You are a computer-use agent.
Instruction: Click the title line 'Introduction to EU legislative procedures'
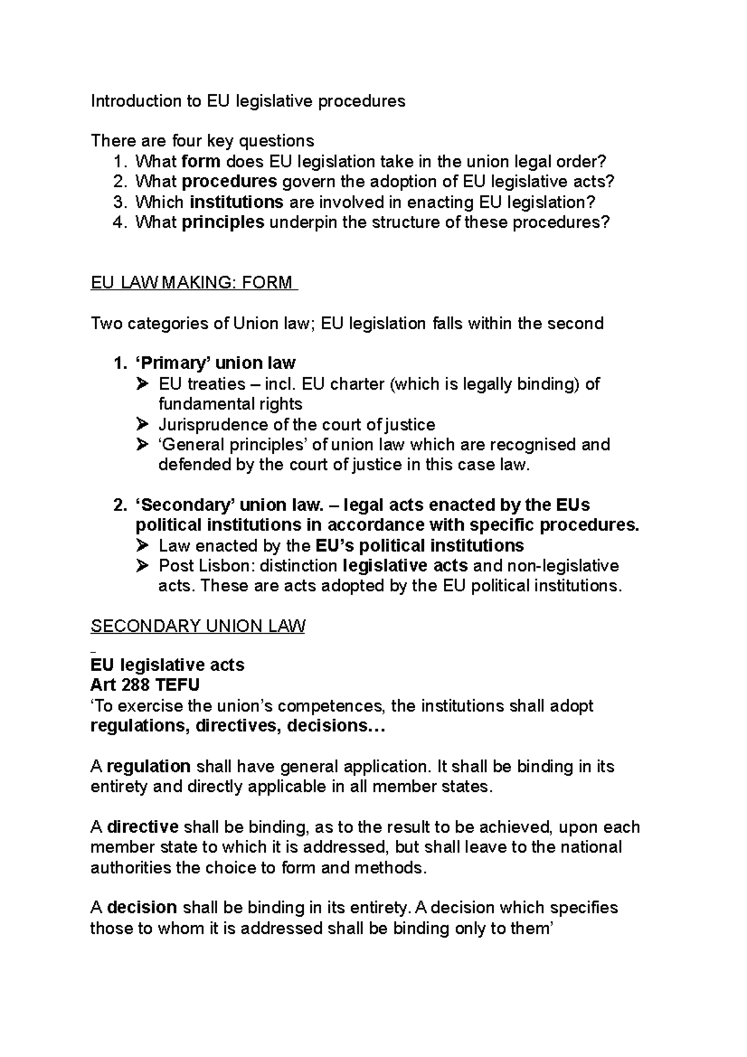pyautogui.click(x=248, y=101)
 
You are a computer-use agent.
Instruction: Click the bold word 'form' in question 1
pyautogui.click(x=200, y=162)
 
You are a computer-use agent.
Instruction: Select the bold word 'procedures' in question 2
pyautogui.click(x=230, y=182)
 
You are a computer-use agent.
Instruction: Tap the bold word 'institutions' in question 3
pyautogui.click(x=237, y=202)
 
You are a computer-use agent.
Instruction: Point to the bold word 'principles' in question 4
pyautogui.click(x=223, y=222)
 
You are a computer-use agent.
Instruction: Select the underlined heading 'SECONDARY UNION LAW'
pyautogui.click(x=198, y=626)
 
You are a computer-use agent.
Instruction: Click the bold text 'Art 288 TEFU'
pyautogui.click(x=145, y=685)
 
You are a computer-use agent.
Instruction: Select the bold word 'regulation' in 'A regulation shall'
pyautogui.click(x=149, y=766)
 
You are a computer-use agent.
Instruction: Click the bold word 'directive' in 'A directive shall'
pyautogui.click(x=143, y=827)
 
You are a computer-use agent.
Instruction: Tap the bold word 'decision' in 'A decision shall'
pyautogui.click(x=143, y=908)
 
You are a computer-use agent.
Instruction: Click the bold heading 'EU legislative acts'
pyautogui.click(x=167, y=665)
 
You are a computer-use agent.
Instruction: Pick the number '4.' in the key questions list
pyautogui.click(x=120, y=222)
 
